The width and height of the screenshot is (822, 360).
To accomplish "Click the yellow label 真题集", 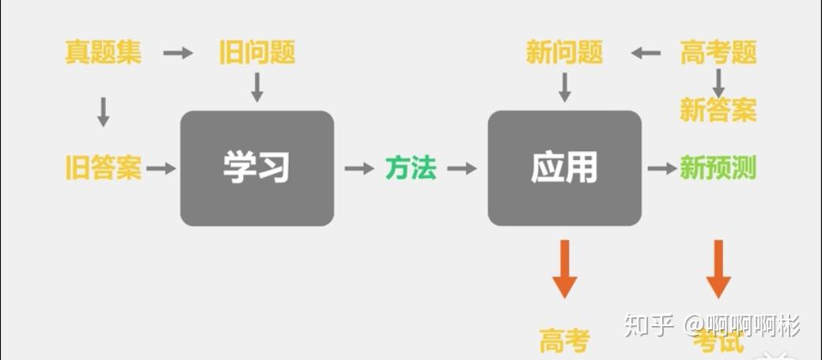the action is [103, 53].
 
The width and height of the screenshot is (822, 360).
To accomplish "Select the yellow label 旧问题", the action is [257, 53].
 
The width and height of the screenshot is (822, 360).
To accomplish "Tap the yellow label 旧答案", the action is [103, 168].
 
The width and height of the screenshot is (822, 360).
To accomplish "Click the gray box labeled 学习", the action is [257, 168].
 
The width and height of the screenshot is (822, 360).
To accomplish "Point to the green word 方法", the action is [411, 168].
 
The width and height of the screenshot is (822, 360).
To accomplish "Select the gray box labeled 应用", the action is [564, 168].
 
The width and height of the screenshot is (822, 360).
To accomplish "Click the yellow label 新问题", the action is [564, 53].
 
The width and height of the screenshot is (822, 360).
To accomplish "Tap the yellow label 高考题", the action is [718, 53].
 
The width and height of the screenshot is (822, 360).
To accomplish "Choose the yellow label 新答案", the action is [718, 109].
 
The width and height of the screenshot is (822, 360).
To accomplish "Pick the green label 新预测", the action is [718, 168].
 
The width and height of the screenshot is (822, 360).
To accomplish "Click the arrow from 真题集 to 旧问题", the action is [178, 53].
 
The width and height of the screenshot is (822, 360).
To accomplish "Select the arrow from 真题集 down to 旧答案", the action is [103, 112].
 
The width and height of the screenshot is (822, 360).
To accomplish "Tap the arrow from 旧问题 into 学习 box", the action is [257, 87].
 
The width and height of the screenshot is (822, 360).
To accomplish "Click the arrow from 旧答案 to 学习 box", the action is [161, 168].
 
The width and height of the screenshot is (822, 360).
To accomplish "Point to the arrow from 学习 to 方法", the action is [359, 168].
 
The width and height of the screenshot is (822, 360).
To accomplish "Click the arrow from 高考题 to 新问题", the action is [646, 53].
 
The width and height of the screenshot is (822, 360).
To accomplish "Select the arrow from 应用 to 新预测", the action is [662, 168].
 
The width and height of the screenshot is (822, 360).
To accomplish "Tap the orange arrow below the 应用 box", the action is [564, 270].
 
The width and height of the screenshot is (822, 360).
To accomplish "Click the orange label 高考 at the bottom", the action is [564, 342].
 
